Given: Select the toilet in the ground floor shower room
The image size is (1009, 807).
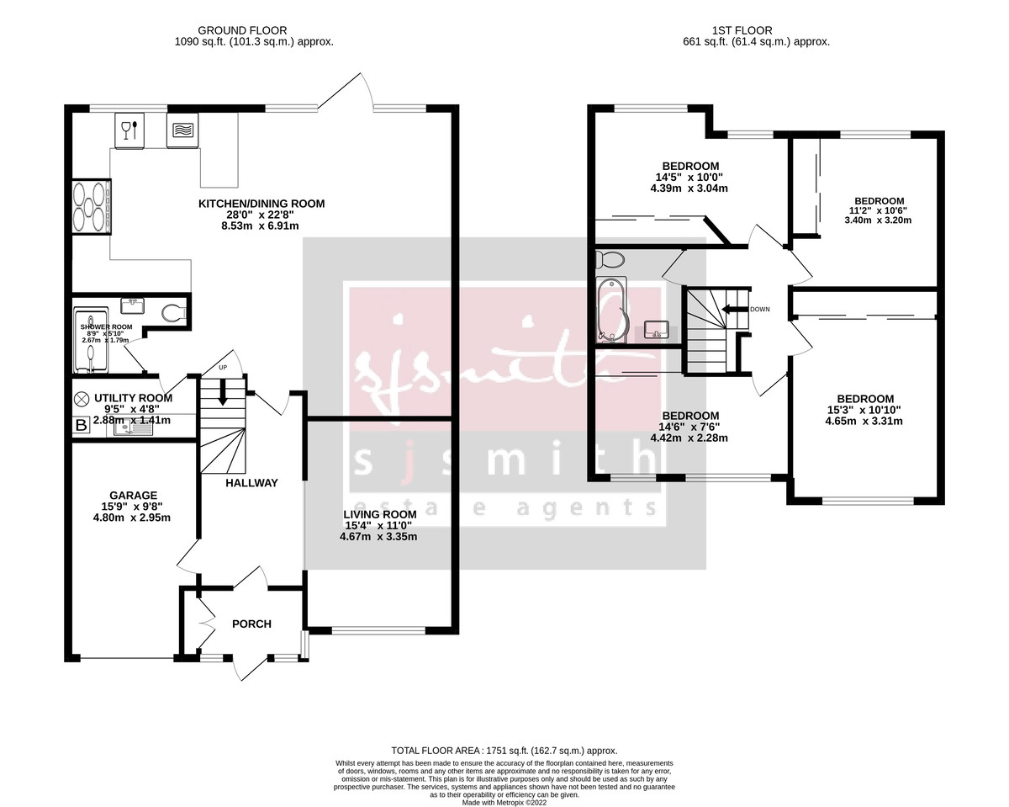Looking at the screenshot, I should tap(174, 313).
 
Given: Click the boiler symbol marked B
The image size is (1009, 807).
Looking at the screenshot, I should tap(82, 426).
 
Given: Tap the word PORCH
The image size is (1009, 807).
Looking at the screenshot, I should tap(251, 624).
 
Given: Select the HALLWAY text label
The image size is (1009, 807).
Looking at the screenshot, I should tap(251, 483).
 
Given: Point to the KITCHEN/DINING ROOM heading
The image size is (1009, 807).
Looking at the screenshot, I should tap(261, 204).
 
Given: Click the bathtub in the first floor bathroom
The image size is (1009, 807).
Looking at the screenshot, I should tap(609, 309).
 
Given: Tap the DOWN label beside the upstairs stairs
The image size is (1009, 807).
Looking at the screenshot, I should tap(759, 309).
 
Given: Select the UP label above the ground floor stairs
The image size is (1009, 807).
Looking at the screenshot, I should tap(222, 369).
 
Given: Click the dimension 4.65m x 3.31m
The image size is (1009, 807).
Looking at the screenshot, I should tap(864, 421).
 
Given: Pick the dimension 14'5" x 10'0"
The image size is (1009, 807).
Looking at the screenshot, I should tap(689, 177).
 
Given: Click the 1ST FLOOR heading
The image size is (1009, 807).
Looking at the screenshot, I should tap(757, 30).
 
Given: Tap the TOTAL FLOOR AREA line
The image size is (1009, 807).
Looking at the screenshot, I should tap(504, 751).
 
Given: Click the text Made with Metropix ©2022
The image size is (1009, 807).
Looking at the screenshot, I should tap(504, 802).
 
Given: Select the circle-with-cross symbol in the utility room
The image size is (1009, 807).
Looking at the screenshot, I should tap(82, 399).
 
